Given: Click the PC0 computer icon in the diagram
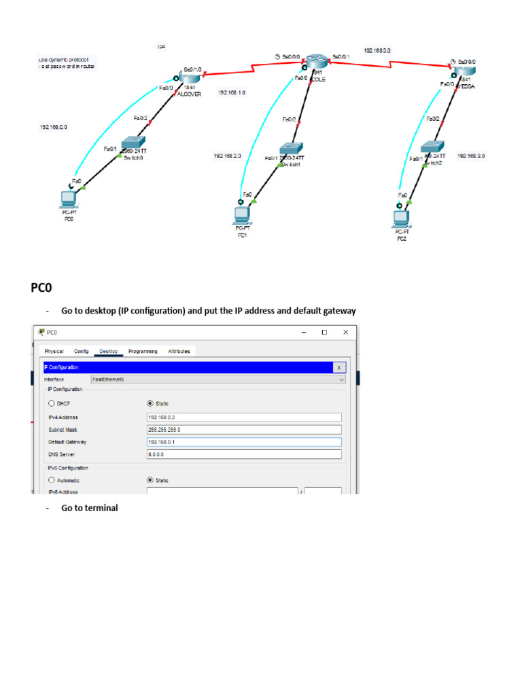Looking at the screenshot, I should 68,199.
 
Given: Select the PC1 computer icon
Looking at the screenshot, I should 241,214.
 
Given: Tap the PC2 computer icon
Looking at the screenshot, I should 401,219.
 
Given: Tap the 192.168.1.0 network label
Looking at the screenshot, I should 232,92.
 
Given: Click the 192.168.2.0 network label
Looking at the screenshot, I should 227,155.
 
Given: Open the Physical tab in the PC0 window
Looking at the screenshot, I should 54,351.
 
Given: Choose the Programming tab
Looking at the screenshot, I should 143,351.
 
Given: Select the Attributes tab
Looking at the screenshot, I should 179,351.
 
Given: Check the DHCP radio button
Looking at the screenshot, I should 52,403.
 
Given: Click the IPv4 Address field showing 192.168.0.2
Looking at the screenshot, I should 243,417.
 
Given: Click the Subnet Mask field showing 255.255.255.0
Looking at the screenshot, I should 243,430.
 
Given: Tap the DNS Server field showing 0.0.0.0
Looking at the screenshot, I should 243,454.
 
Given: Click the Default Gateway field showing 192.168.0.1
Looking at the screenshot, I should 243,442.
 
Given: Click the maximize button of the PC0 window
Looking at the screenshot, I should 324,333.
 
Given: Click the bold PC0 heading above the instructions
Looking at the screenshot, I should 41,288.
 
